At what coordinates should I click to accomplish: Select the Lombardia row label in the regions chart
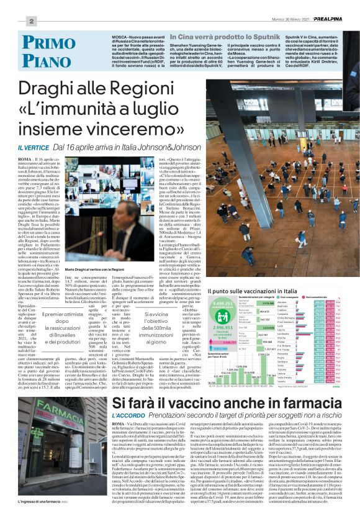click(295, 333)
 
